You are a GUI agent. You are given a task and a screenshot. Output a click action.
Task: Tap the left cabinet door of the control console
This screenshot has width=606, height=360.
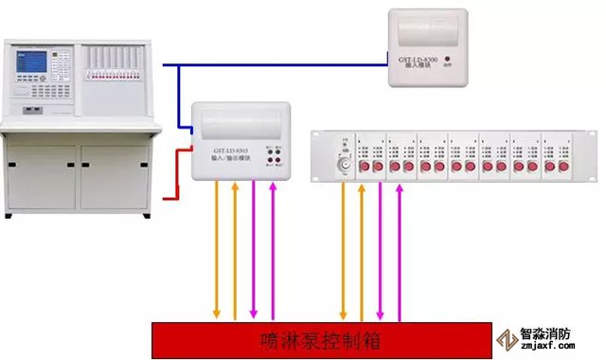click(x=41, y=176)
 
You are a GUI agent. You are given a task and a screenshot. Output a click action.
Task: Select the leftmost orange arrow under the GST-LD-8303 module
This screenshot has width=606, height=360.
click(x=217, y=251)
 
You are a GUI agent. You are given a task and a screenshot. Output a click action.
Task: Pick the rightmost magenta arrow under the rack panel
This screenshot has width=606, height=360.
click(x=399, y=251)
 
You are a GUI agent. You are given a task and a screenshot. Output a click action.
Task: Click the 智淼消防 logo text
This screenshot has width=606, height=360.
click(x=545, y=333)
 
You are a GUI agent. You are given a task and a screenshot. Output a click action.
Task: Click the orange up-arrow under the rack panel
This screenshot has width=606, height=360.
click(x=361, y=251)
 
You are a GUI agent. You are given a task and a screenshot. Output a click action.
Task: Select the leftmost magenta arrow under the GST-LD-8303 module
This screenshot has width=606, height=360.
click(x=254, y=251)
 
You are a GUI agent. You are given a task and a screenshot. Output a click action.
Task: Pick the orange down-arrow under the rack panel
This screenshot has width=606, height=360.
click(x=343, y=251)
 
